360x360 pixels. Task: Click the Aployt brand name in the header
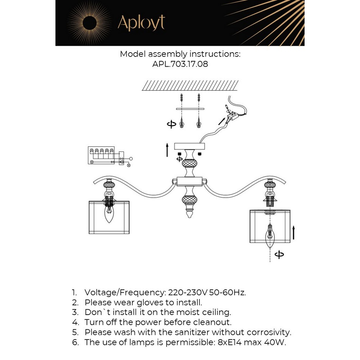pos(141,23)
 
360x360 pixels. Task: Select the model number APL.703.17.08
pos(180,64)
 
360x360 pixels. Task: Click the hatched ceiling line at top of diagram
pos(190,85)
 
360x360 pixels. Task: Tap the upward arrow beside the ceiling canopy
pos(167,149)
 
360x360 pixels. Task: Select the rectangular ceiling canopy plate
pos(189,146)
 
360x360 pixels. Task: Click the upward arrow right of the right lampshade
pos(294,233)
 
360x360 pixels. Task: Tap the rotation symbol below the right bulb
pos(279,255)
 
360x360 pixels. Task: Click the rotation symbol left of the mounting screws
pos(171,124)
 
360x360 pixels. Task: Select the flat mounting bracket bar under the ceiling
pos(190,108)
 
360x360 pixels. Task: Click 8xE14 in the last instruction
pos(226,342)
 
